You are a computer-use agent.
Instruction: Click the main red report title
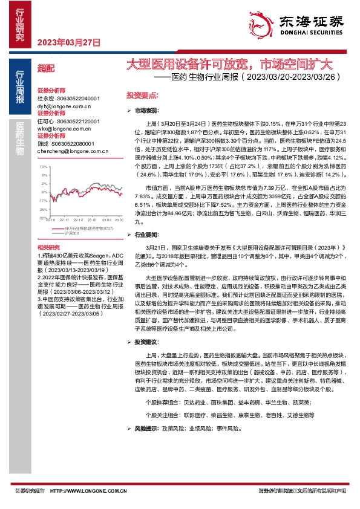coord(229,64)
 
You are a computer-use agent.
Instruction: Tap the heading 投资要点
coord(142,96)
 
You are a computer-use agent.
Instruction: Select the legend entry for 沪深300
coord(72,232)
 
